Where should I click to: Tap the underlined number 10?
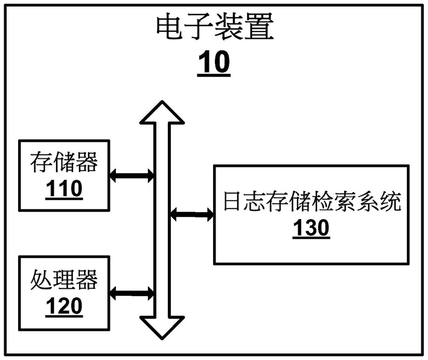(214, 62)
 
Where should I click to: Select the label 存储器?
(64, 162)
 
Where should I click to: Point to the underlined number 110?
(64, 188)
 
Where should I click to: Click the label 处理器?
(64, 280)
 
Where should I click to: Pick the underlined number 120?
(64, 306)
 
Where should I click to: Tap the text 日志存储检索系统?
(312, 202)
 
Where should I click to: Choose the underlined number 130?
(311, 228)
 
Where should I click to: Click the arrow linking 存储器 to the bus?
(132, 176)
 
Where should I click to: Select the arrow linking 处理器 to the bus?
(132, 294)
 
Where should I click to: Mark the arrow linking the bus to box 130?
(192, 214)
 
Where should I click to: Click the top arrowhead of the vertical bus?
(162, 112)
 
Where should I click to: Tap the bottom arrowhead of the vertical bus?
(162, 328)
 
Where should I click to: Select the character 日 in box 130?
(233, 202)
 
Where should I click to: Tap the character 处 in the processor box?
(41, 280)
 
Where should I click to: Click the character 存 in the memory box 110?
(41, 162)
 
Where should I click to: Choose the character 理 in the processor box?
(64, 280)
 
